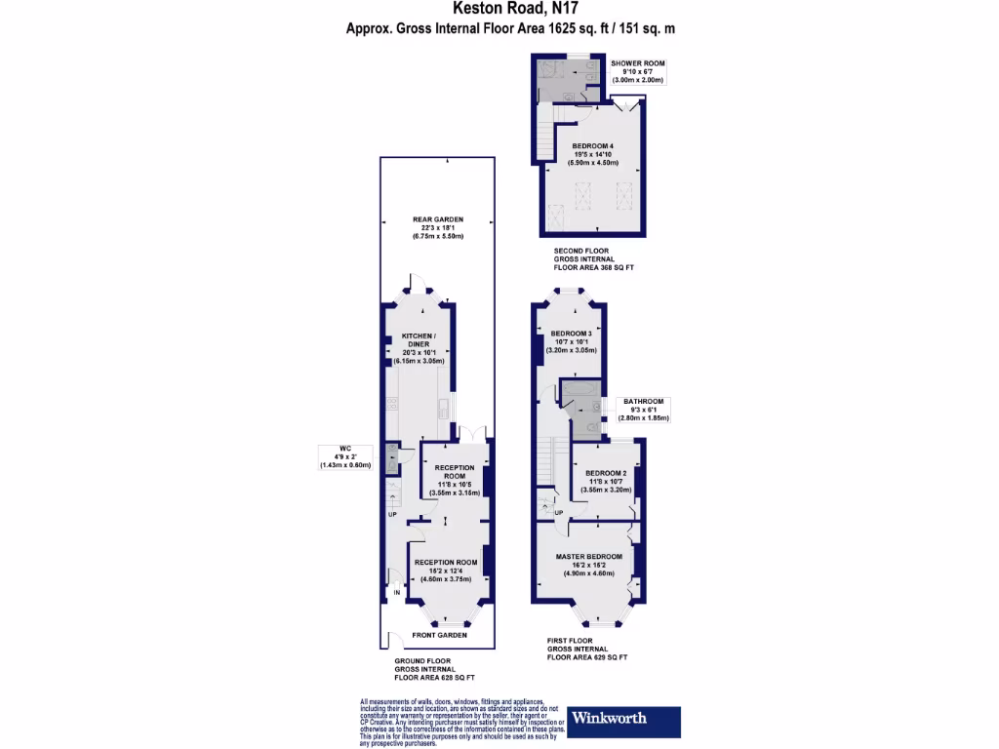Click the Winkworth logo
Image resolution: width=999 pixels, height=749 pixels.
621,719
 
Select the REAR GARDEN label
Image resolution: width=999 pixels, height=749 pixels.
437,219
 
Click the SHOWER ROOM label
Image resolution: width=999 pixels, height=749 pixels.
638,63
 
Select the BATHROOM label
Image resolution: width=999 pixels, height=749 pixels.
644,402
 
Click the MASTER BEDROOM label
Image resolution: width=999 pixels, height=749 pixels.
589,556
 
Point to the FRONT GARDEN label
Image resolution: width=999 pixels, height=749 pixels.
438,635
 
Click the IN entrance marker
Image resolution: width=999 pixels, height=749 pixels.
397,592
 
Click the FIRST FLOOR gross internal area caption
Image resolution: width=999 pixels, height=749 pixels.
586,650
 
